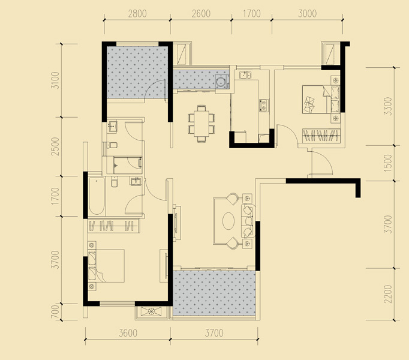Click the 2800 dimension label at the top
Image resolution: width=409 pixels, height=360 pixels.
(137, 14)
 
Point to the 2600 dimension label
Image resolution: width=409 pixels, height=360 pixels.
(201, 14)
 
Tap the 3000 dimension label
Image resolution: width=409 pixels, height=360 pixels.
(307, 14)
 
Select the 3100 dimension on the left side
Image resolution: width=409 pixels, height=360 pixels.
(55, 80)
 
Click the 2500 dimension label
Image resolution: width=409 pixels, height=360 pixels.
(55, 146)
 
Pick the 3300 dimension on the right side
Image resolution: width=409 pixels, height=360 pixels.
(388, 106)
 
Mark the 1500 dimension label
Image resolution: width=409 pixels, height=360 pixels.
(388, 163)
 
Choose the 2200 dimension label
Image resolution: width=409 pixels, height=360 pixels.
(388, 294)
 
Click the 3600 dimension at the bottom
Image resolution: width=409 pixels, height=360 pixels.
(128, 333)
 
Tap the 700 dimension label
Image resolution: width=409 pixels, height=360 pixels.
(55, 312)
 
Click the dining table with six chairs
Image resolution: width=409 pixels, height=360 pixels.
(202, 123)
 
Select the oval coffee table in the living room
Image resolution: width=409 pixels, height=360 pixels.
(228, 221)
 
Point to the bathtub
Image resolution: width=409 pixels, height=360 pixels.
(97, 196)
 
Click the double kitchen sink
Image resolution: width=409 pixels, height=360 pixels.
(245, 75)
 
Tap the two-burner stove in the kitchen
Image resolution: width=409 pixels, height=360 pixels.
(264, 106)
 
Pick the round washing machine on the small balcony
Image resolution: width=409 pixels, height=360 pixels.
(221, 80)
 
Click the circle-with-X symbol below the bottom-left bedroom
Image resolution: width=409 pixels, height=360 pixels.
(151, 311)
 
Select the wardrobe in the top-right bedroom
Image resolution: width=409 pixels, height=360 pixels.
(321, 136)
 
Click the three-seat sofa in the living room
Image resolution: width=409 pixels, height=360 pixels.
(248, 221)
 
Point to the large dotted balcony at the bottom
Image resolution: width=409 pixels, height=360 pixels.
(214, 293)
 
